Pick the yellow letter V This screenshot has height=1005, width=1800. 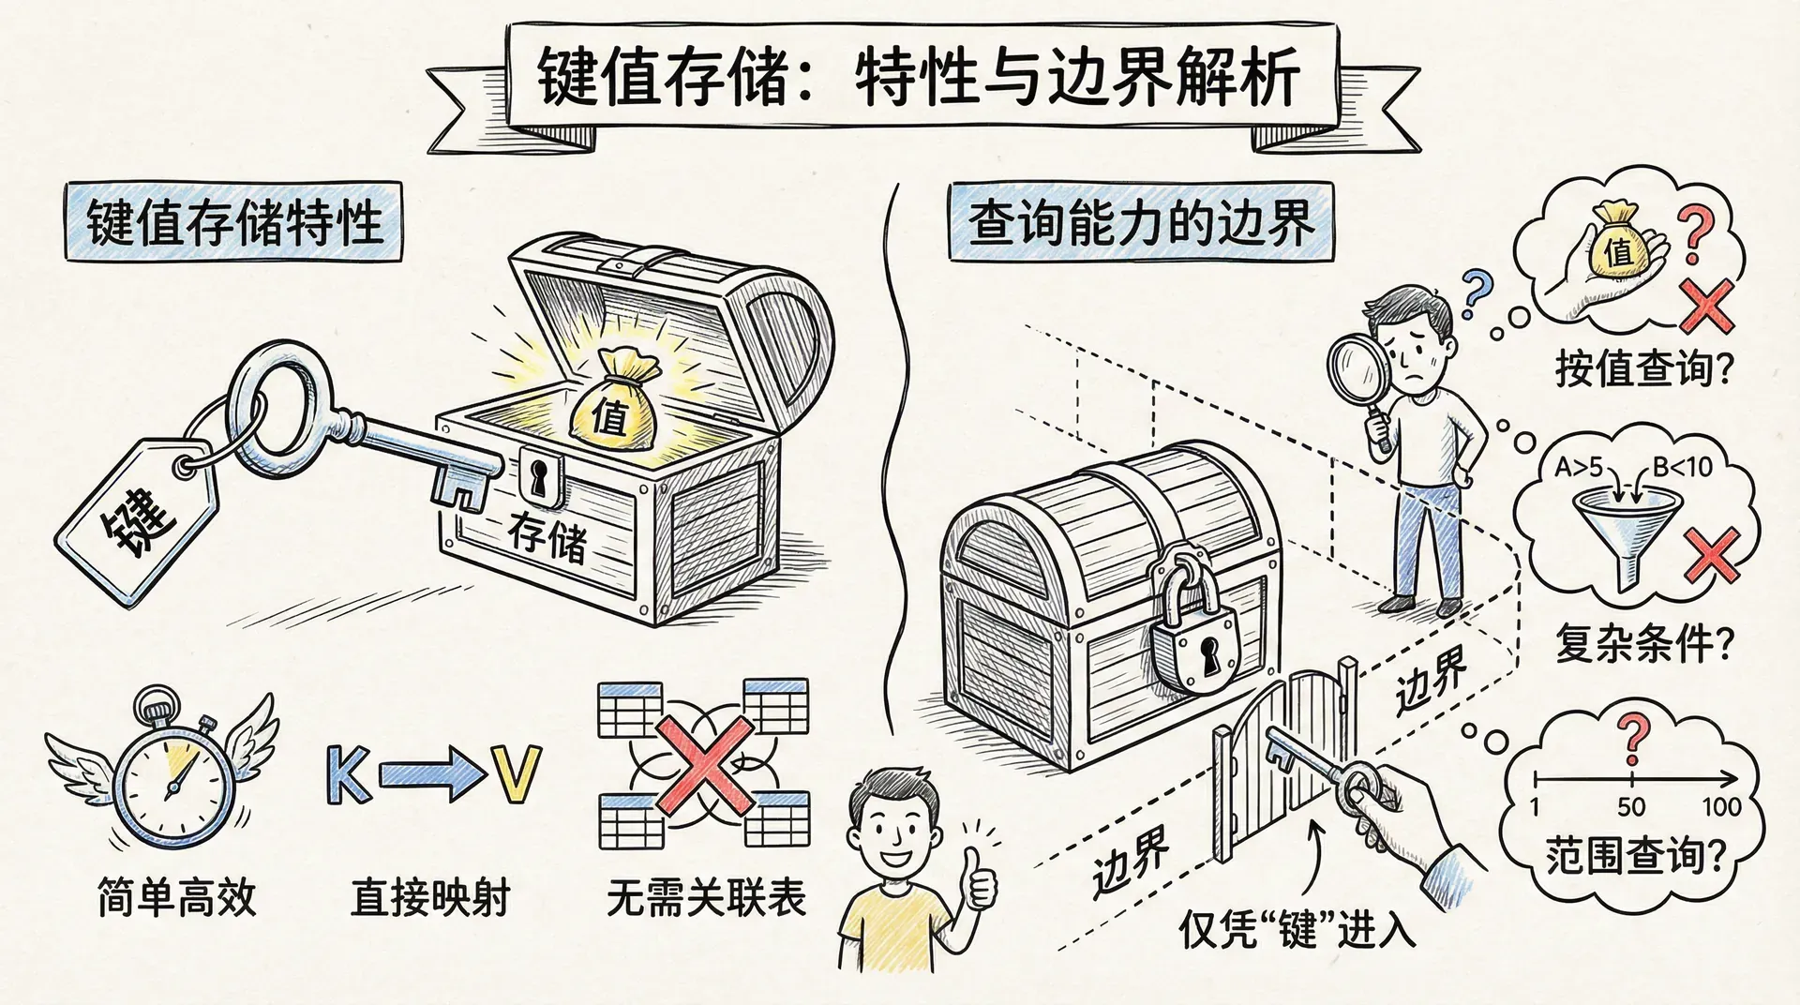coord(517,774)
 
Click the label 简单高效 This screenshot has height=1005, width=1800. coord(176,897)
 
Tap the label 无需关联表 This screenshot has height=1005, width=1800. coord(705,897)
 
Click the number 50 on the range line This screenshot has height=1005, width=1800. coord(1631,806)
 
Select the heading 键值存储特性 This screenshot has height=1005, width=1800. coord(234,223)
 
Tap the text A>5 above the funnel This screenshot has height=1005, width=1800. coord(1579,466)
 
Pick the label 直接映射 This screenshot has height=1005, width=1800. coord(429,897)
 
